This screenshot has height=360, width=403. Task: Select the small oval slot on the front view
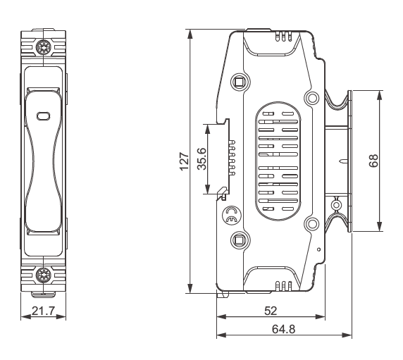pyautogui.click(x=43, y=116)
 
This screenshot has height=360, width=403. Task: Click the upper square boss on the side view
pyautogui.click(x=239, y=81)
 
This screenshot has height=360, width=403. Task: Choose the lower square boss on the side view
pyautogui.click(x=239, y=240)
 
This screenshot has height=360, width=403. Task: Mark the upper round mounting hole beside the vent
pyautogui.click(x=310, y=97)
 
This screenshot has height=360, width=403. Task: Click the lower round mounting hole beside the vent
pyautogui.click(x=310, y=224)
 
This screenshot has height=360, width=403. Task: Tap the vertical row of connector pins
pyautogui.click(x=232, y=159)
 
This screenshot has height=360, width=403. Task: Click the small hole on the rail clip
pyautogui.click(x=337, y=205)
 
